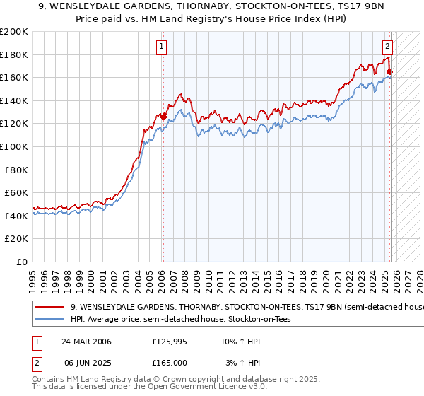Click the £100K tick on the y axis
[14, 146]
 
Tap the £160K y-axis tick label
[14, 78]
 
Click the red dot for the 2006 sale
[163, 117]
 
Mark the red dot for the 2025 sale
[389, 71]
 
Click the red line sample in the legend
[50, 308]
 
